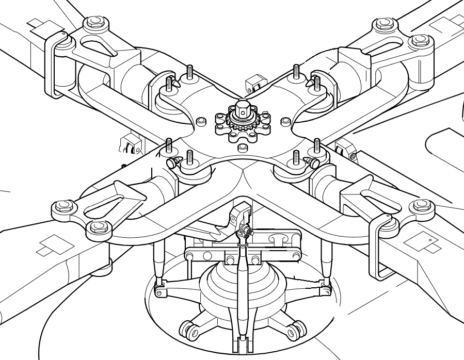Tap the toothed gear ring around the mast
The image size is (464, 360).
point(243,126)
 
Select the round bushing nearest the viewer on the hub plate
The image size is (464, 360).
point(242,149)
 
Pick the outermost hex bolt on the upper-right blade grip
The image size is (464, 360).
point(420,41)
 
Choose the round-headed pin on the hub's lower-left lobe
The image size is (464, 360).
point(172,163)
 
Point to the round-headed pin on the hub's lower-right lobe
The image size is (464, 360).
point(313,162)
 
